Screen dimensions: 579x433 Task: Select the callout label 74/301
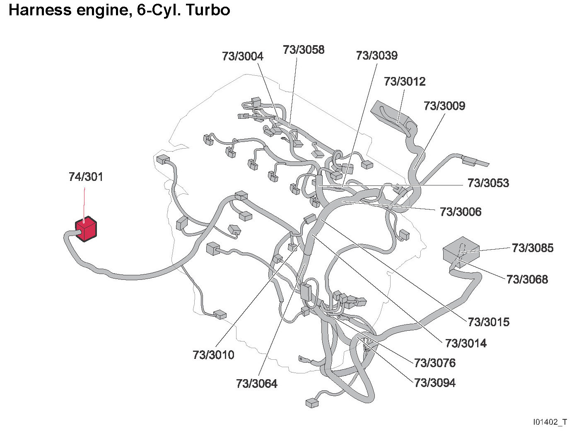86,177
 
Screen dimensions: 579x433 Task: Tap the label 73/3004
243,56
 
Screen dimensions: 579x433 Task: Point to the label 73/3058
304,50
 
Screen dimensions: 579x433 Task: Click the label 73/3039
376,55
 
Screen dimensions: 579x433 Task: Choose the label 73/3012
405,82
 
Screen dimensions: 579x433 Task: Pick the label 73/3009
444,106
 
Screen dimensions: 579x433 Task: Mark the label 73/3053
488,183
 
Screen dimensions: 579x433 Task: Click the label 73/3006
461,212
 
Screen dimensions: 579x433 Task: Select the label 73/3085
533,248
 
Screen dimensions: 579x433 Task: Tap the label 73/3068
527,279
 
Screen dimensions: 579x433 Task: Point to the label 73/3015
489,322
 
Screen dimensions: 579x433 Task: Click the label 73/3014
466,343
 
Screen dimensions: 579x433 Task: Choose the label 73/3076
435,363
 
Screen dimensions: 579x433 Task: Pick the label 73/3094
435,383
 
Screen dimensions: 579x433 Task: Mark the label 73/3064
257,384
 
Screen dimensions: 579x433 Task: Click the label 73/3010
213,355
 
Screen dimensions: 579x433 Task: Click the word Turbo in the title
208,10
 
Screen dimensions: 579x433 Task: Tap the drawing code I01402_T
550,422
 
